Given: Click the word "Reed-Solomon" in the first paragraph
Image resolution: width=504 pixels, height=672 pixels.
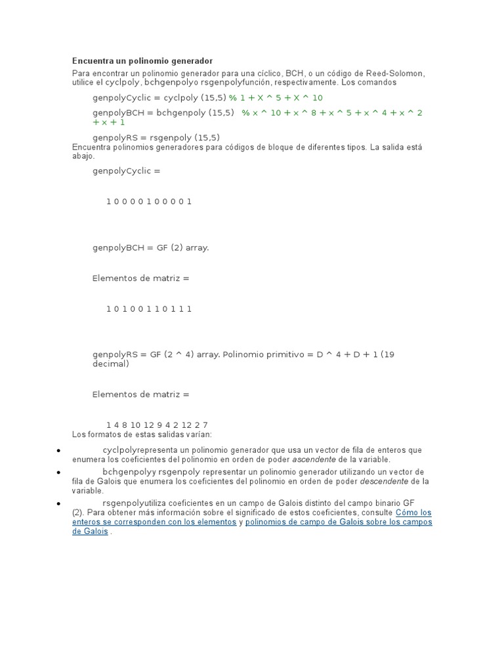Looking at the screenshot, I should pyautogui.click(x=397, y=73).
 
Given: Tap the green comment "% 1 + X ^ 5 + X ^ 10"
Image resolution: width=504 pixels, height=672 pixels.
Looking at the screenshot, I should pyautogui.click(x=276, y=98).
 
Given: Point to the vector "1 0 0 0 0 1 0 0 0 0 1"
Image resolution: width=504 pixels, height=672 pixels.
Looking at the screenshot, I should pyautogui.click(x=149, y=201).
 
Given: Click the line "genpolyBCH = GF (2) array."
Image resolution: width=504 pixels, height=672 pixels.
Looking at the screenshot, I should pyautogui.click(x=150, y=248).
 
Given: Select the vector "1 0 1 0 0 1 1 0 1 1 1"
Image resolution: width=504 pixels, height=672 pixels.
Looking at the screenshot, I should pyautogui.click(x=149, y=309).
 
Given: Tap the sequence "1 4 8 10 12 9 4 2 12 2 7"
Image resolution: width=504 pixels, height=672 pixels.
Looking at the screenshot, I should pyautogui.click(x=157, y=425).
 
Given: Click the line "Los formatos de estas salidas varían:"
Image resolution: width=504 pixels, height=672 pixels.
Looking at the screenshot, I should pyautogui.click(x=142, y=434).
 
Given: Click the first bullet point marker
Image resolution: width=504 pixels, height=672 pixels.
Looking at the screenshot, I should pyautogui.click(x=59, y=451).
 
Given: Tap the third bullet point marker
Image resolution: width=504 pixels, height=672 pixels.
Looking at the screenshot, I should pyautogui.click(x=59, y=503).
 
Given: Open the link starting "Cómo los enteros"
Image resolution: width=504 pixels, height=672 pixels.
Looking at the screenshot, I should pyautogui.click(x=413, y=513).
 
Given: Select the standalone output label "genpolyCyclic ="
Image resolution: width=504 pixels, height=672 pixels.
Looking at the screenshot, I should pyautogui.click(x=126, y=171).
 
